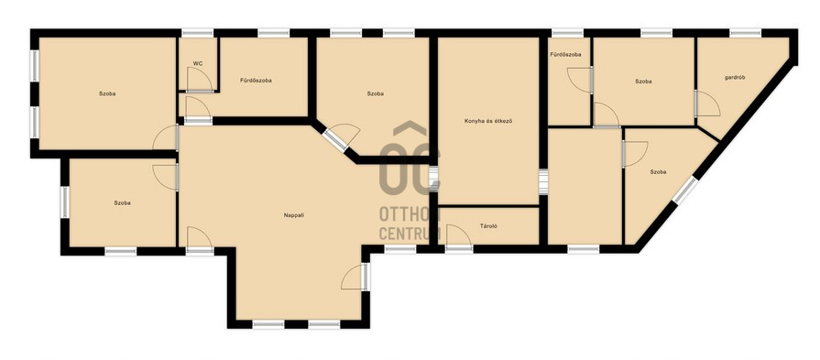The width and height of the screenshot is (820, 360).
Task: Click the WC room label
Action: [x=198, y=64]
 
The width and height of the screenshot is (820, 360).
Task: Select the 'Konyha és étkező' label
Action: [x=488, y=121]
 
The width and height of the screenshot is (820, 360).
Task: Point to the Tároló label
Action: [x=488, y=226]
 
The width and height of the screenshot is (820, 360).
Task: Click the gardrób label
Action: [x=735, y=77]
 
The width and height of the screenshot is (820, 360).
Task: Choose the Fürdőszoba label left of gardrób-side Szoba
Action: [x=565, y=54]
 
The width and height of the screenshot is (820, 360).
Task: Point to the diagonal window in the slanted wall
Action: [x=685, y=191]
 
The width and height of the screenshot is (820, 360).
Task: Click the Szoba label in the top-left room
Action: [x=107, y=94]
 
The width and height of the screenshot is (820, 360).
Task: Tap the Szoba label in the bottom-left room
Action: [x=123, y=202]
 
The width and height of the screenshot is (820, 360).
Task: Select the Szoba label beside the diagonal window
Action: [x=658, y=172]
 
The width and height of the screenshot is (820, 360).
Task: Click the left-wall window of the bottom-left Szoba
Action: [x=65, y=202]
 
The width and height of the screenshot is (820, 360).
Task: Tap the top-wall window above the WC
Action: [x=198, y=33]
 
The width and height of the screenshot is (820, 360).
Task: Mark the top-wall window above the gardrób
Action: [x=745, y=33]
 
